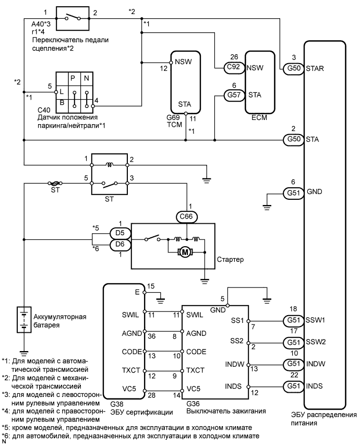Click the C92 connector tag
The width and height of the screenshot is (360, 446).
click(x=234, y=67)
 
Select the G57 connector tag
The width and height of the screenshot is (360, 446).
click(x=234, y=95)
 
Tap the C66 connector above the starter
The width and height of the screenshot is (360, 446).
click(x=186, y=217)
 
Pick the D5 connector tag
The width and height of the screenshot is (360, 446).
click(x=121, y=233)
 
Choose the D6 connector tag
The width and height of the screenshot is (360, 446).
click(x=121, y=244)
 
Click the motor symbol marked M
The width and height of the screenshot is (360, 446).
click(x=185, y=252)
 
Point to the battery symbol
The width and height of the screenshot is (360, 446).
click(x=24, y=319)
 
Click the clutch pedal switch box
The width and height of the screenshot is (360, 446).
click(x=73, y=18)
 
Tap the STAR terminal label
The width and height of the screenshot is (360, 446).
click(x=315, y=68)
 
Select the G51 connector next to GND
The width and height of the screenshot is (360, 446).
click(x=294, y=193)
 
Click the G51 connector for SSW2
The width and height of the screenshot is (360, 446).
click(x=294, y=342)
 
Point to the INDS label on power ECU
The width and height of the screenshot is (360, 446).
click(x=315, y=386)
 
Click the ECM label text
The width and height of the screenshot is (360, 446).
click(x=259, y=117)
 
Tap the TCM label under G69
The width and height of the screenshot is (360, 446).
click(x=174, y=124)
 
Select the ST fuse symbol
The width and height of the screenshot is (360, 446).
click(x=55, y=184)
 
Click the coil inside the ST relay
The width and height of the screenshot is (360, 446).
click(x=109, y=165)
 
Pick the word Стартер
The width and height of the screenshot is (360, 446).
click(x=230, y=260)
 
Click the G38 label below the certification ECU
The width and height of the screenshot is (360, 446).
click(x=117, y=404)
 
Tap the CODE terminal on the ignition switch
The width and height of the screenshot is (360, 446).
click(x=196, y=352)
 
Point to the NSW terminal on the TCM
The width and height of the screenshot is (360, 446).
click(x=183, y=62)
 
